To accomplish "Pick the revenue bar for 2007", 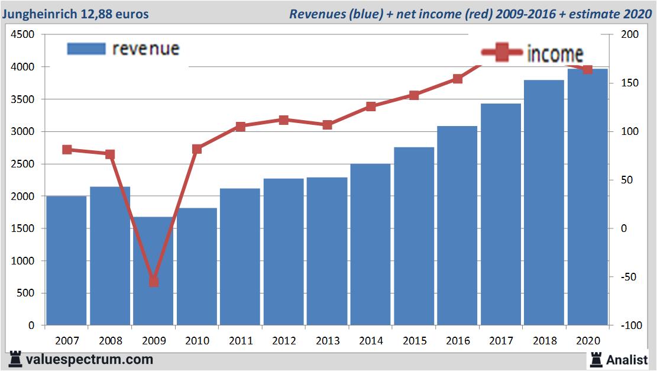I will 67,260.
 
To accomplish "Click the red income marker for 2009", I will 154,281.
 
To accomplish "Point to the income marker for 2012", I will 284,120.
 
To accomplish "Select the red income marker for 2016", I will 457,79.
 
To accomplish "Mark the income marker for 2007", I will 67,150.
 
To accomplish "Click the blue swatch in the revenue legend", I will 86,49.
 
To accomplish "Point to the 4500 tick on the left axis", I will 24,35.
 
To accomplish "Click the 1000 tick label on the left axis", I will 24,261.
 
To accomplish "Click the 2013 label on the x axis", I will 327,341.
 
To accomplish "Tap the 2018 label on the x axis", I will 544,341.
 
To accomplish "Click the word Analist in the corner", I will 627,359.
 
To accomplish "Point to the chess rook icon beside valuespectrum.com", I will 15,359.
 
